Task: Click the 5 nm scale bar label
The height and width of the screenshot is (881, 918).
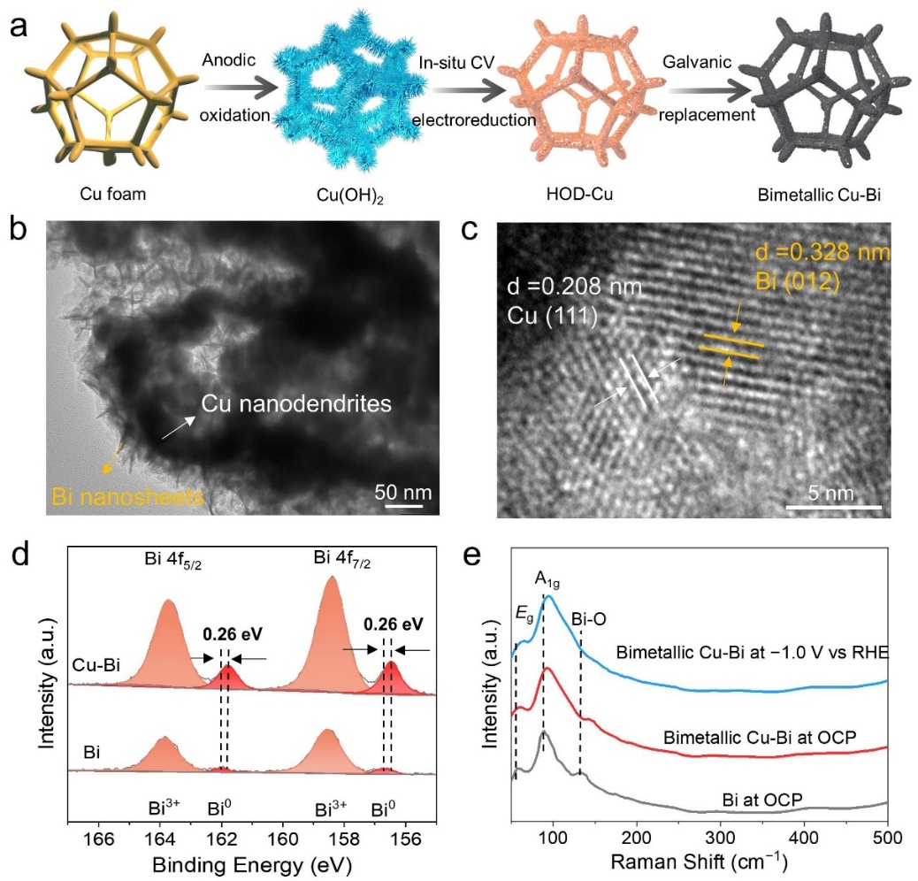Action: [x=832, y=490]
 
